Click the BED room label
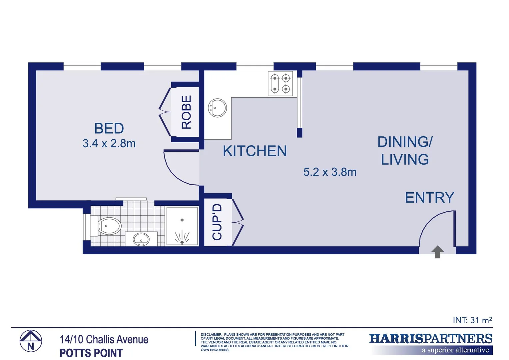pyautogui.click(x=109, y=128)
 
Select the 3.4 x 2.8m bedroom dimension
pyautogui.click(x=109, y=144)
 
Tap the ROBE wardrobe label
pyautogui.click(x=186, y=112)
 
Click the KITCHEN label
pyautogui.click(x=255, y=151)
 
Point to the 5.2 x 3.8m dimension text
pyautogui.click(x=330, y=172)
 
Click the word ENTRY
pyautogui.click(x=429, y=198)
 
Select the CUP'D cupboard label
pyautogui.click(x=217, y=222)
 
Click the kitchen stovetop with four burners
pyautogui.click(x=280, y=84)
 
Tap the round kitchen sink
pyautogui.click(x=217, y=108)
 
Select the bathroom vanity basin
pyautogui.click(x=141, y=239)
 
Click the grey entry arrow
pyautogui.click(x=437, y=252)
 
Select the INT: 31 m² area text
pyautogui.click(x=472, y=320)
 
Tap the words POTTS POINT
pyautogui.click(x=91, y=353)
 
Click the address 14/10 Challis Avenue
pyautogui.click(x=104, y=339)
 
